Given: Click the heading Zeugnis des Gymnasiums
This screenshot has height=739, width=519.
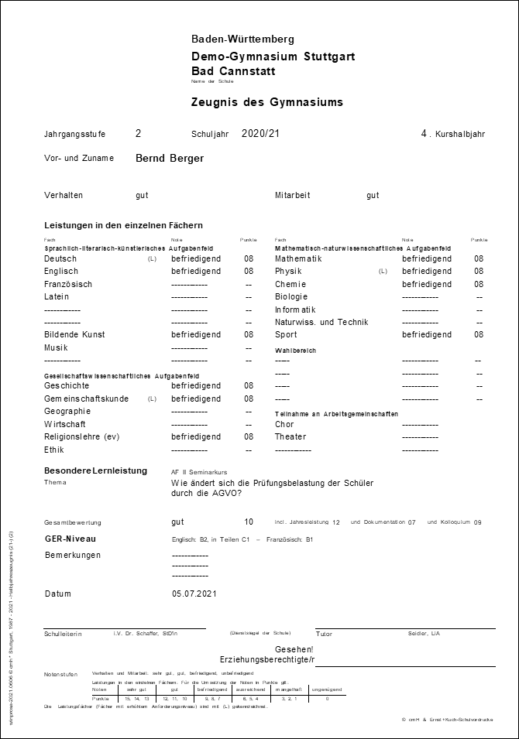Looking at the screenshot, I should click(266, 102).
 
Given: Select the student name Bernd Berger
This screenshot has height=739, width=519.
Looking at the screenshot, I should click(170, 158).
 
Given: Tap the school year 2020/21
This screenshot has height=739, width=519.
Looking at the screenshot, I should click(260, 134).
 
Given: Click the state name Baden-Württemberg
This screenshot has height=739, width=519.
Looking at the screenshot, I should click(242, 39).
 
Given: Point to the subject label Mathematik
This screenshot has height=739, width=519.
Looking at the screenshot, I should click(298, 258).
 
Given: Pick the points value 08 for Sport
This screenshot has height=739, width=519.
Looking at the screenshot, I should click(479, 335).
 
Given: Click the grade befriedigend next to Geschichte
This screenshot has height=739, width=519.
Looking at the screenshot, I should click(196, 385).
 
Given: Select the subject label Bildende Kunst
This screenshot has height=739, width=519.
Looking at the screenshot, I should click(75, 335).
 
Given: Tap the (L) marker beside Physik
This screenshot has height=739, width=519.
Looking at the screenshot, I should click(383, 272).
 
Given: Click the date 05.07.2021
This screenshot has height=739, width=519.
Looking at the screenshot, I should click(194, 594).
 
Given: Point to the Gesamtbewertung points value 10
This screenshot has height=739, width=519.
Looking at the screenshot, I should click(249, 522).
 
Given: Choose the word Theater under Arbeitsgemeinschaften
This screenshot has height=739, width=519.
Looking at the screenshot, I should click(290, 436).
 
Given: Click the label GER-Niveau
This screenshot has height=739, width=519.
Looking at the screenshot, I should click(70, 539).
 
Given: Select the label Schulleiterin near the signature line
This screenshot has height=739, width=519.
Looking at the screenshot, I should click(64, 634).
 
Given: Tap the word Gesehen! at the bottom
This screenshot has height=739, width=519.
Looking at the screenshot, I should click(294, 649).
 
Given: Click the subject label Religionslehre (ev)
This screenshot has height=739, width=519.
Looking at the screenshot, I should click(82, 436).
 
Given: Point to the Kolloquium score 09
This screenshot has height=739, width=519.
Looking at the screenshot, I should click(477, 523).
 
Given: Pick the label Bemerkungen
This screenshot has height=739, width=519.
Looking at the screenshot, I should click(73, 555).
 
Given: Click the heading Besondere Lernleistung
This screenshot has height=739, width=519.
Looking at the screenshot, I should click(96, 470).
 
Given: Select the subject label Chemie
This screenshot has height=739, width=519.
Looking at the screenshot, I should click(291, 284).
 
